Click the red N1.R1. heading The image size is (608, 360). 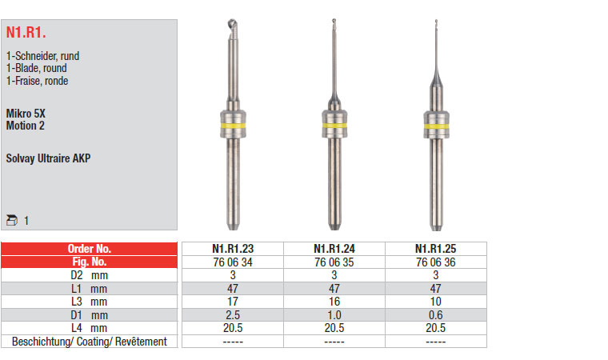pyautogui.click(x=26, y=32)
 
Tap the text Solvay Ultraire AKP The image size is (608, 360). pyautogui.click(x=48, y=158)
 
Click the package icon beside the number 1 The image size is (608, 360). pyautogui.click(x=12, y=220)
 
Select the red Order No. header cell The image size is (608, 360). pyautogui.click(x=89, y=249)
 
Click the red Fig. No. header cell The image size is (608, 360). pyautogui.click(x=89, y=262)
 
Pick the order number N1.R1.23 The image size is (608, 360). pyautogui.click(x=233, y=249)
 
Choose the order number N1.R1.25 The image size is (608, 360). pyautogui.click(x=435, y=249)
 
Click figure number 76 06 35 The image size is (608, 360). pyautogui.click(x=334, y=262)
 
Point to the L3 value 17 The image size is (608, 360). pyautogui.click(x=233, y=302)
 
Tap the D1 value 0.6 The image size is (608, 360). pyautogui.click(x=435, y=315)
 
